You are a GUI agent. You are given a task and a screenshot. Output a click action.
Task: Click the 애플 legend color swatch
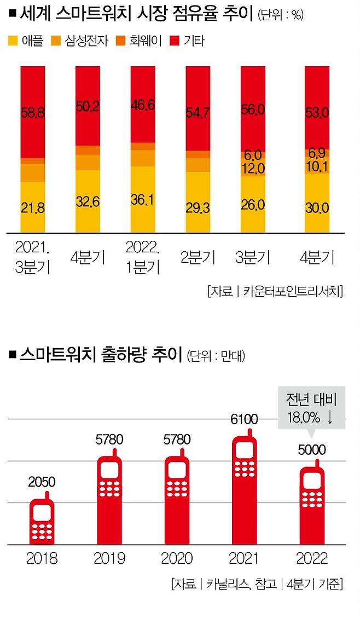13,40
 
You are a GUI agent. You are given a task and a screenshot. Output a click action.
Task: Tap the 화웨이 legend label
146,40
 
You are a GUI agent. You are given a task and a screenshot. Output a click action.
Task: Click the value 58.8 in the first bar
33,112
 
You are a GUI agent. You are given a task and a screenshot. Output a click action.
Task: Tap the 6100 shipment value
243,420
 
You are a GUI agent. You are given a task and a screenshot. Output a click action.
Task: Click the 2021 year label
243,559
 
